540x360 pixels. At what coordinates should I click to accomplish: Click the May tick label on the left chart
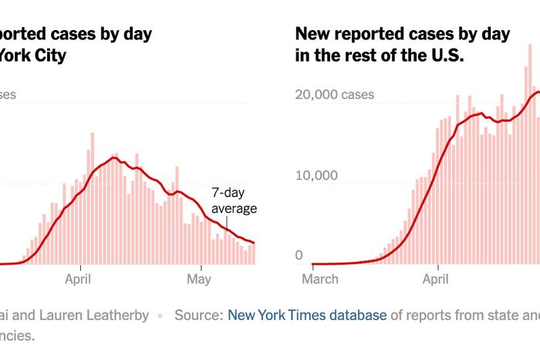pos(200,278)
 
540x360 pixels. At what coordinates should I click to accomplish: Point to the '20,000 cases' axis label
pos(336,95)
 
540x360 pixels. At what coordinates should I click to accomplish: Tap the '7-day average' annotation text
pos(233,201)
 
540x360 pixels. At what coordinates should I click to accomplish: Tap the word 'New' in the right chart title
pos(312,34)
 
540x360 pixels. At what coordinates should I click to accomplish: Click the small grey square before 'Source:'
pos(161,315)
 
